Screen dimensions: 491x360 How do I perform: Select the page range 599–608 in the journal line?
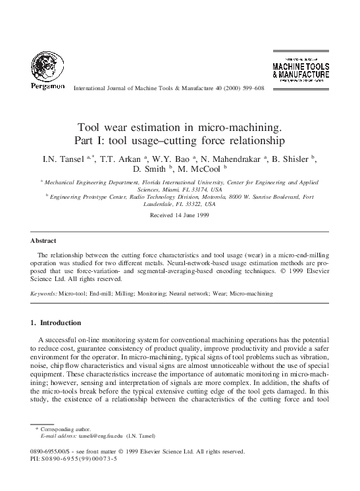pos(251,88)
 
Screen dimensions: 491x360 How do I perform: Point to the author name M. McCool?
pos(202,168)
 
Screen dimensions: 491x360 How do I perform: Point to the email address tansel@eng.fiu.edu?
pos(100,436)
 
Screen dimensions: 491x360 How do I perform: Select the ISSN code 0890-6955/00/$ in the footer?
pos(55,452)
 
